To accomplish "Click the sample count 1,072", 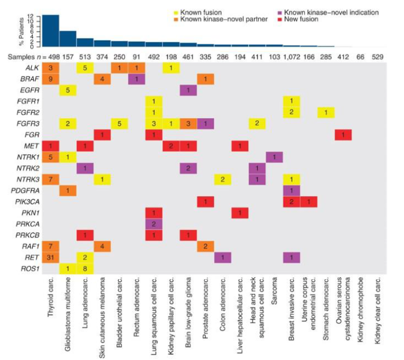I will click(291, 56).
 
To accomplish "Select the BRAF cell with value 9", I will click(51, 79).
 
